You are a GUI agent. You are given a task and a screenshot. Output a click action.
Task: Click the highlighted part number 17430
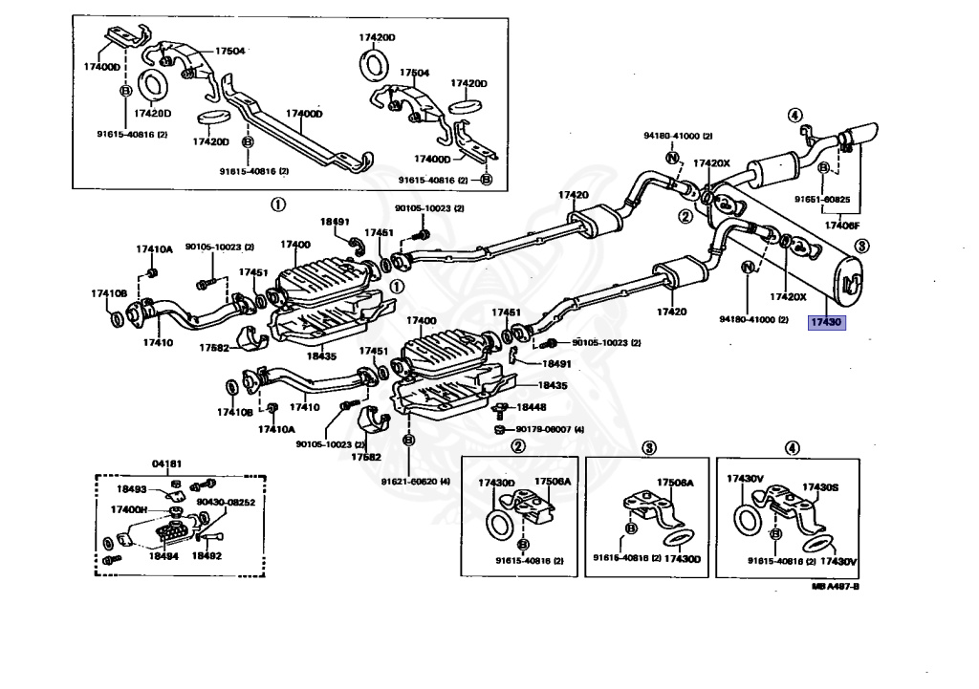(x=826, y=323)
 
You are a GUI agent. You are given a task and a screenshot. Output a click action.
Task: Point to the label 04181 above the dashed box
(x=169, y=463)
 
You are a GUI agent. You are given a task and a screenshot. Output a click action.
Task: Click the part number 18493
(x=131, y=489)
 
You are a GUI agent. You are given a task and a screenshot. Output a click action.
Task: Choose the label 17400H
(x=129, y=509)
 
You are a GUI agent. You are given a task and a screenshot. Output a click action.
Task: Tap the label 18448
(x=532, y=407)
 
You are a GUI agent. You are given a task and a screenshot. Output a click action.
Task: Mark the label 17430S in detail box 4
(x=819, y=486)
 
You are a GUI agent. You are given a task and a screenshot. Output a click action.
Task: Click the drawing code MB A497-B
(x=834, y=587)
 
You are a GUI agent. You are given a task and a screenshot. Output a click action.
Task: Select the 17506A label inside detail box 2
(x=552, y=481)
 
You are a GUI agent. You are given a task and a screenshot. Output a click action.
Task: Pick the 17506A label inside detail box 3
(x=675, y=483)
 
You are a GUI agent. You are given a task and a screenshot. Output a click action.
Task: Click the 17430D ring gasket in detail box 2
(x=498, y=525)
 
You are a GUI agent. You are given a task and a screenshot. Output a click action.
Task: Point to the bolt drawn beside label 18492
(x=212, y=536)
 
